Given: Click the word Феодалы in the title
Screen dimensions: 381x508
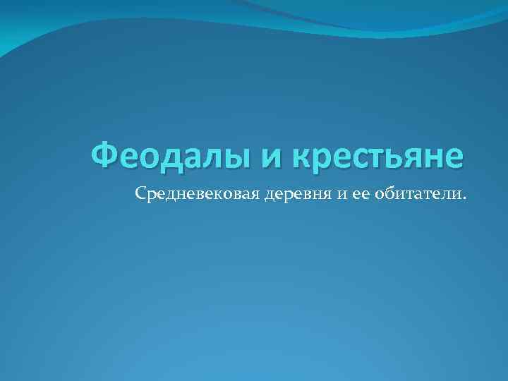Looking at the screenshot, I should pyautogui.click(x=170, y=156).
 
